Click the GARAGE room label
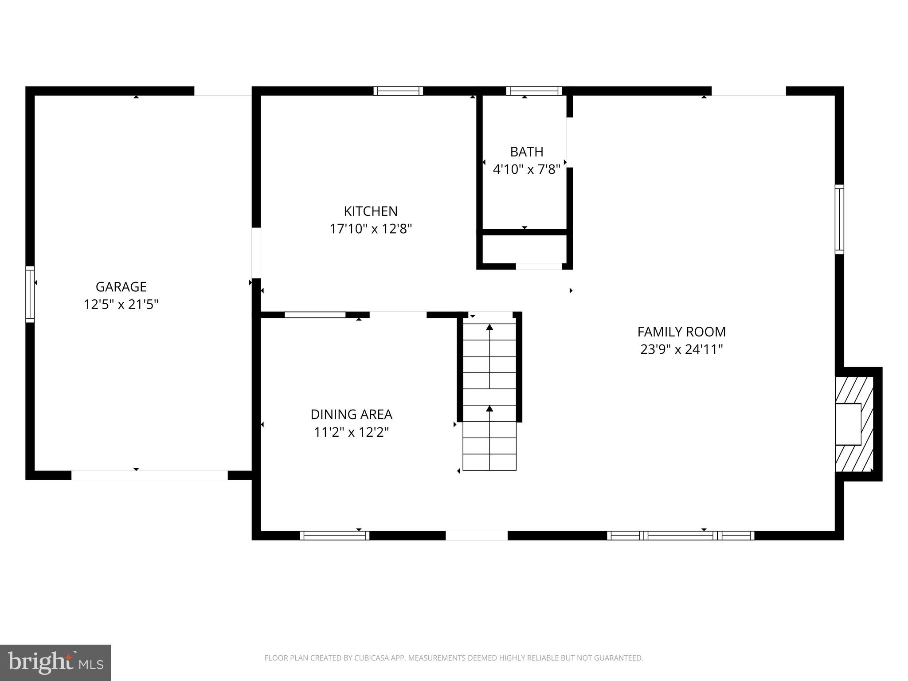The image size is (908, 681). (121, 287)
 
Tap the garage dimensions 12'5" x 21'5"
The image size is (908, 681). (121, 305)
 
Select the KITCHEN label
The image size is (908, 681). (371, 211)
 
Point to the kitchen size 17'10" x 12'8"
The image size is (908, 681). (371, 229)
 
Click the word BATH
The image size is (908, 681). (526, 152)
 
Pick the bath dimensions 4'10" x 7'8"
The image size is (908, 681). (526, 169)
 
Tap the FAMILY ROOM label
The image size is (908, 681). (681, 332)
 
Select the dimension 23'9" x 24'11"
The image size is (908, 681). (681, 350)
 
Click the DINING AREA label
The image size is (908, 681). (351, 415)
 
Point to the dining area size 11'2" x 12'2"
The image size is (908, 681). (351, 432)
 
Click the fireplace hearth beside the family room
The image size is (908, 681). (854, 424)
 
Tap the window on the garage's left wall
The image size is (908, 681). (30, 294)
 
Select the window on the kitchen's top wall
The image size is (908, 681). (398, 91)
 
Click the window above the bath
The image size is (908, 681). (534, 91)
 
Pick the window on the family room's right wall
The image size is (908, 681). (839, 219)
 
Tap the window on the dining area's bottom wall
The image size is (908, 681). (335, 536)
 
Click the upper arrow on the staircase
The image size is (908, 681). (489, 328)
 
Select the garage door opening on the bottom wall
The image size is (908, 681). (149, 475)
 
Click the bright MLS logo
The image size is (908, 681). (55, 662)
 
